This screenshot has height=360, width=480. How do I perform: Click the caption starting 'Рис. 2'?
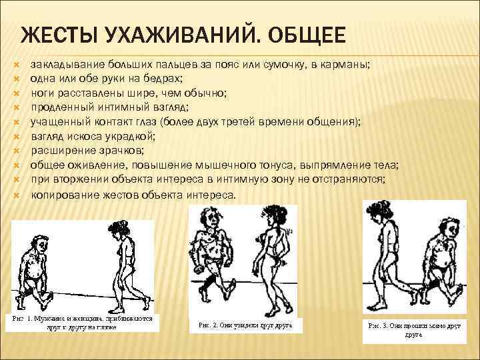coord(246,325)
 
